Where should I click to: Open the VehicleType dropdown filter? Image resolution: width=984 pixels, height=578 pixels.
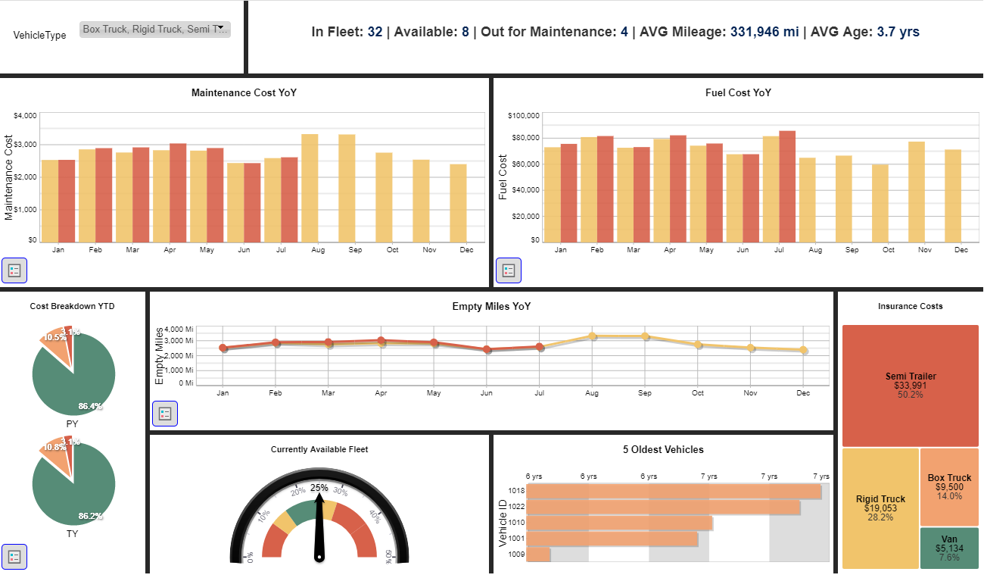(x=154, y=30)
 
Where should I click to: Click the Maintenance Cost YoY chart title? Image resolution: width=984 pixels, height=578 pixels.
(x=244, y=92)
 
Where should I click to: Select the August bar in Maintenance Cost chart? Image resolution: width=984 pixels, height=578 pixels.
(x=310, y=188)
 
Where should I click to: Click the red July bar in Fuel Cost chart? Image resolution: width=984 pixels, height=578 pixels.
(x=787, y=186)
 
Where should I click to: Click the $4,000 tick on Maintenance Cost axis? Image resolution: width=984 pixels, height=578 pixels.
(x=26, y=116)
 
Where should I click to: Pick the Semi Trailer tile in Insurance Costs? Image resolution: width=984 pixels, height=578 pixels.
(x=911, y=386)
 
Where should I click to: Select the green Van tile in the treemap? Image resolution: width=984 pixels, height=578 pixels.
(x=949, y=548)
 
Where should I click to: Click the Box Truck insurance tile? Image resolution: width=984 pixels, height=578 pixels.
(x=949, y=486)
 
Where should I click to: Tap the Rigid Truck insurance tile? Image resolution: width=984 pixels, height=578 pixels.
(x=880, y=508)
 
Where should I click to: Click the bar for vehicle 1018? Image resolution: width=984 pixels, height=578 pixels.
(x=674, y=491)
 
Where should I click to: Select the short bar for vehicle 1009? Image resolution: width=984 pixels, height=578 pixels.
(x=538, y=555)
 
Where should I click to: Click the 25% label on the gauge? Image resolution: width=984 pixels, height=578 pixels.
(x=319, y=488)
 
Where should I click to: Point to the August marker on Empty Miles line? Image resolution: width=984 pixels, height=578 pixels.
(x=592, y=336)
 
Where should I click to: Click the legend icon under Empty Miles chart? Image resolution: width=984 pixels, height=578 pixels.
(x=165, y=414)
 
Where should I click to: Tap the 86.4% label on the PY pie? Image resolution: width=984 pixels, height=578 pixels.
(x=89, y=406)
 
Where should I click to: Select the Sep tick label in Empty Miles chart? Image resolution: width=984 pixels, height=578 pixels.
(x=645, y=393)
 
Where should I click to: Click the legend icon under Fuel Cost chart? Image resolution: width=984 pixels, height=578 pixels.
(x=509, y=270)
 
